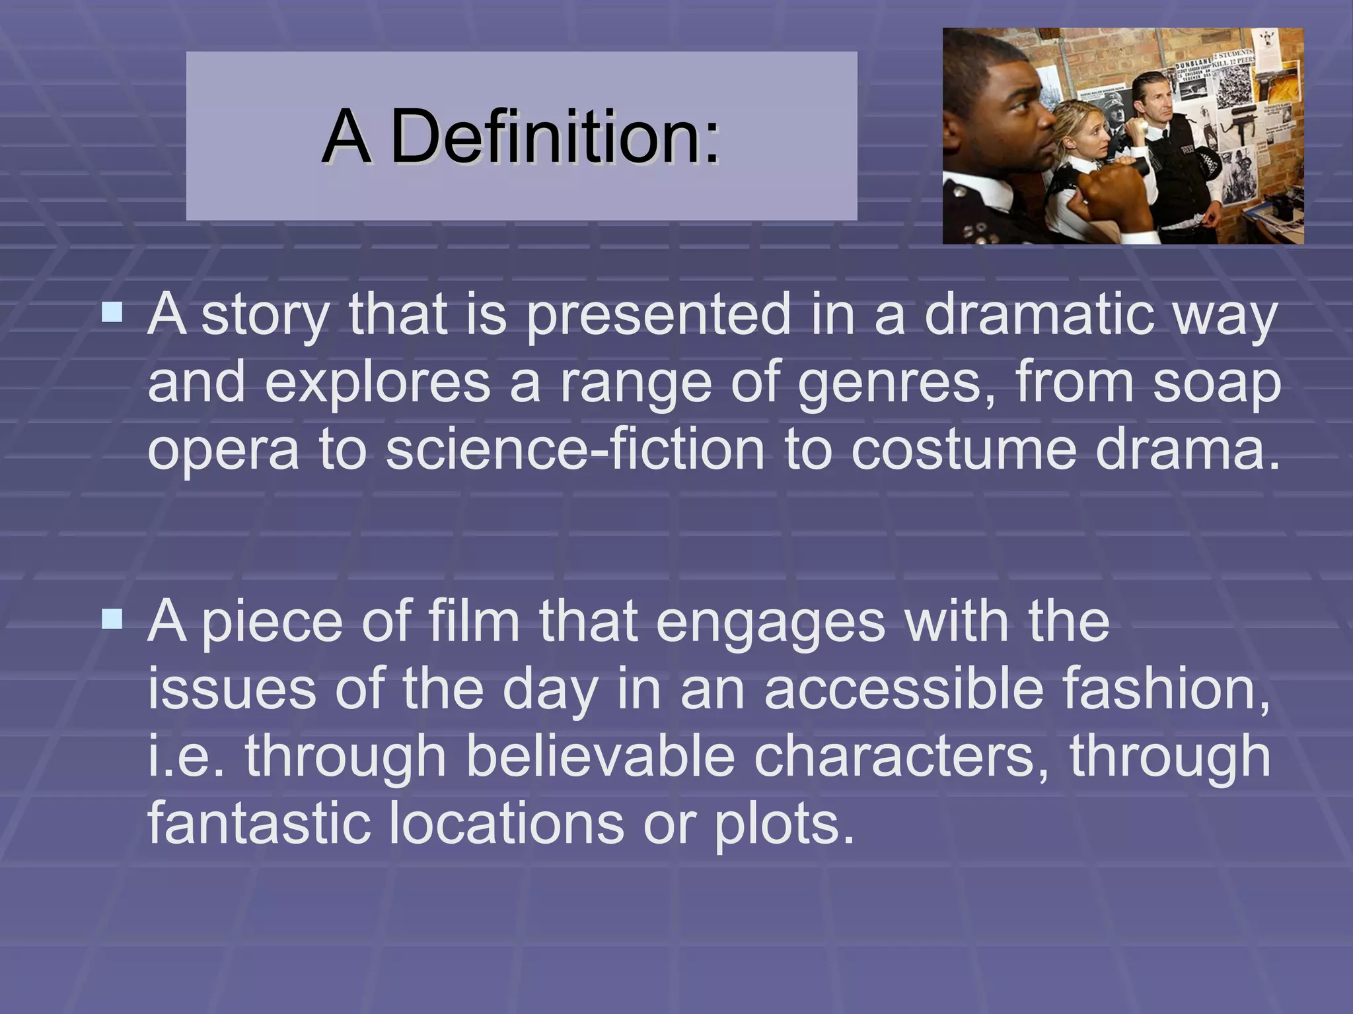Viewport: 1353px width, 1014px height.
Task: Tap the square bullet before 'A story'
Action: tap(112, 312)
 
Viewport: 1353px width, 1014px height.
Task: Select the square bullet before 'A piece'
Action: tap(112, 619)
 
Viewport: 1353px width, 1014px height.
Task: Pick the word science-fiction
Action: tap(574, 450)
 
